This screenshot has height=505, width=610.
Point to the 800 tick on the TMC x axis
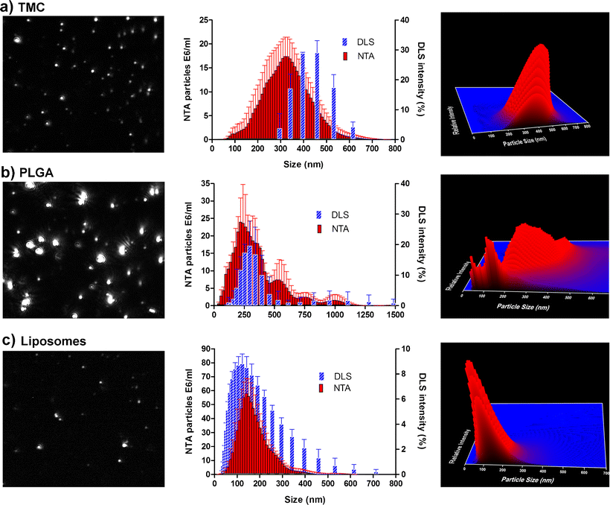click(395, 148)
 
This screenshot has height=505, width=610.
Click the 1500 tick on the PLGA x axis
click(395, 314)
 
